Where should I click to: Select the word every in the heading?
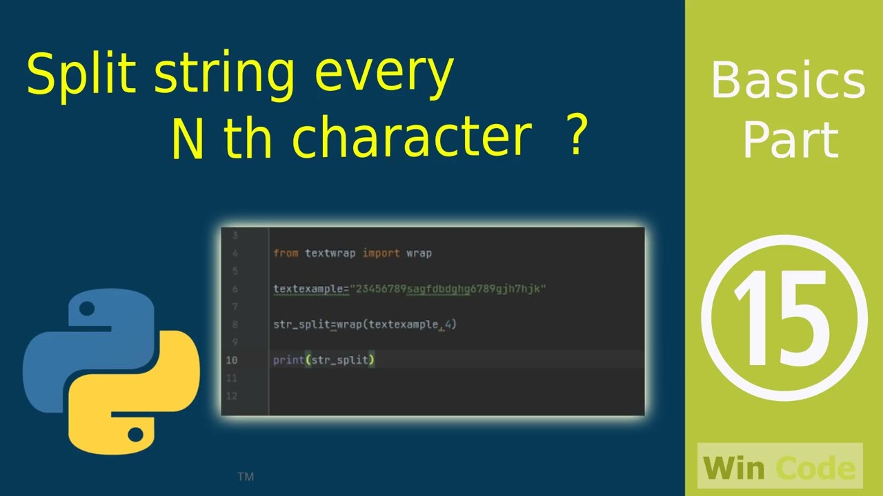(384, 74)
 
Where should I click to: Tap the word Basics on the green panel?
(787, 81)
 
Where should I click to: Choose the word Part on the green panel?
(790, 140)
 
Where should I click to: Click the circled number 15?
(784, 316)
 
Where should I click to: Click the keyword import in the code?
(381, 253)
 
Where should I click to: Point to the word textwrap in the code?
(330, 253)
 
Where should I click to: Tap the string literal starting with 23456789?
(448, 289)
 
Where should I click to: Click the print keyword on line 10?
(288, 360)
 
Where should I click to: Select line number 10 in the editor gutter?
(231, 360)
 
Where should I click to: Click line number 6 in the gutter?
(235, 289)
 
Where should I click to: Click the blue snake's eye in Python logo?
(87, 309)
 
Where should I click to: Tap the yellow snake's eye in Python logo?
(136, 434)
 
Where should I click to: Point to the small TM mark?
(246, 476)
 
